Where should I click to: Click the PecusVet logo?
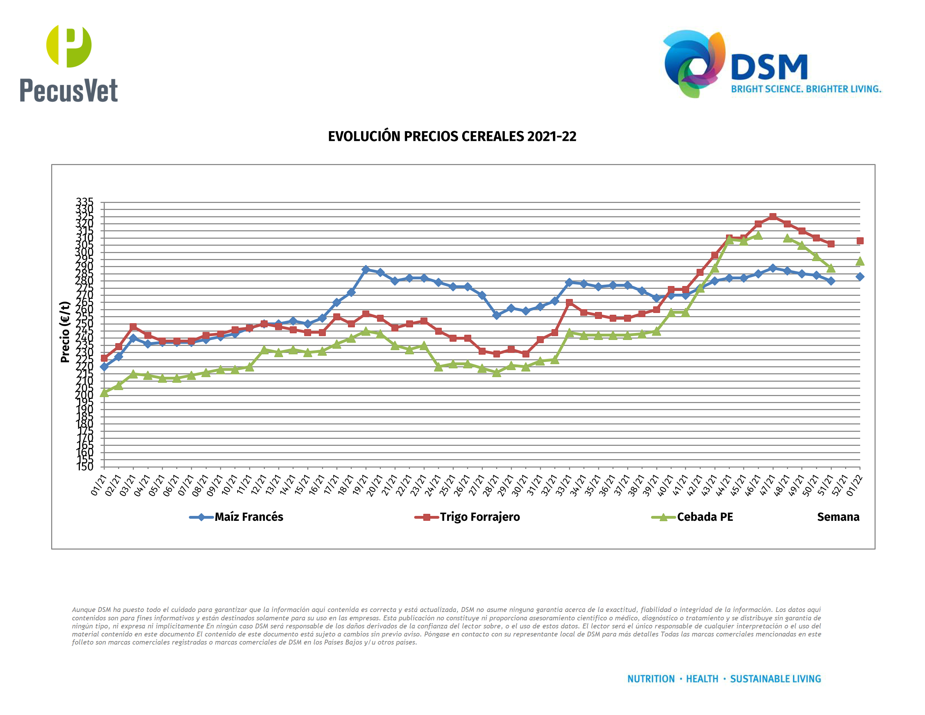(x=69, y=63)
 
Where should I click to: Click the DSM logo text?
(x=769, y=67)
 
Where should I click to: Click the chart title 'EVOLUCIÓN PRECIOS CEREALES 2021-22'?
(x=452, y=136)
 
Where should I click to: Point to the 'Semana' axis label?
(x=838, y=517)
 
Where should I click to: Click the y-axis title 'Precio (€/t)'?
(x=65, y=332)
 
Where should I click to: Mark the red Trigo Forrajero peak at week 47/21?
(x=773, y=217)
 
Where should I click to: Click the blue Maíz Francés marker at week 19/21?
(x=366, y=270)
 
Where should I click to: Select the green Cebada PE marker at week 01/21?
(x=104, y=393)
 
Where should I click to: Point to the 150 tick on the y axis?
(x=85, y=467)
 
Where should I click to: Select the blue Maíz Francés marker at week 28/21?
(x=497, y=315)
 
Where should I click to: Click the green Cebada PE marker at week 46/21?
(x=758, y=236)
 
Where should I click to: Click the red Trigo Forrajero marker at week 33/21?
(x=569, y=302)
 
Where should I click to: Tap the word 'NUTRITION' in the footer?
(x=651, y=679)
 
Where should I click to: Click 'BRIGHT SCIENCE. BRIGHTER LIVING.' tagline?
(x=806, y=89)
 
